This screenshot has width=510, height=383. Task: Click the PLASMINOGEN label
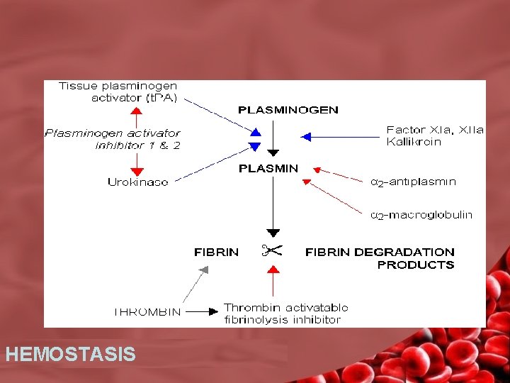tap(288, 110)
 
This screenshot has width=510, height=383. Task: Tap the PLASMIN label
tap(268, 168)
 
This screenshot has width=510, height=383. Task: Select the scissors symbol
tap(271, 250)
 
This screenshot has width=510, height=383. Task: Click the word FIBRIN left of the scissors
tap(217, 252)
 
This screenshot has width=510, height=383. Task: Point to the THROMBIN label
tap(147, 311)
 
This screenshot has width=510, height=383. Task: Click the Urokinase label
tap(138, 182)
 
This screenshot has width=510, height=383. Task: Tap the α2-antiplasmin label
tap(413, 182)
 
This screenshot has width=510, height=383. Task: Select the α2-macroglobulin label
tap(421, 215)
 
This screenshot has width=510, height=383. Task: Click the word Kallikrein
tap(414, 142)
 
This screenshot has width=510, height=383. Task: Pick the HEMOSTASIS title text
tap(70, 354)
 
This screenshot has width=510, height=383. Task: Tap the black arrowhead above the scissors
tap(273, 233)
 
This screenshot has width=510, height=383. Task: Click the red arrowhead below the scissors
tap(273, 267)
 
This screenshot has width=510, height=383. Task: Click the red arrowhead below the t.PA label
tap(137, 111)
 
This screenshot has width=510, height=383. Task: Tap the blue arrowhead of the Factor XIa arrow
tap(306, 136)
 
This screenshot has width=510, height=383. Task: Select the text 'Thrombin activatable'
tap(286, 307)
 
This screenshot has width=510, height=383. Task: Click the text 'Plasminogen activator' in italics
tap(113, 133)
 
